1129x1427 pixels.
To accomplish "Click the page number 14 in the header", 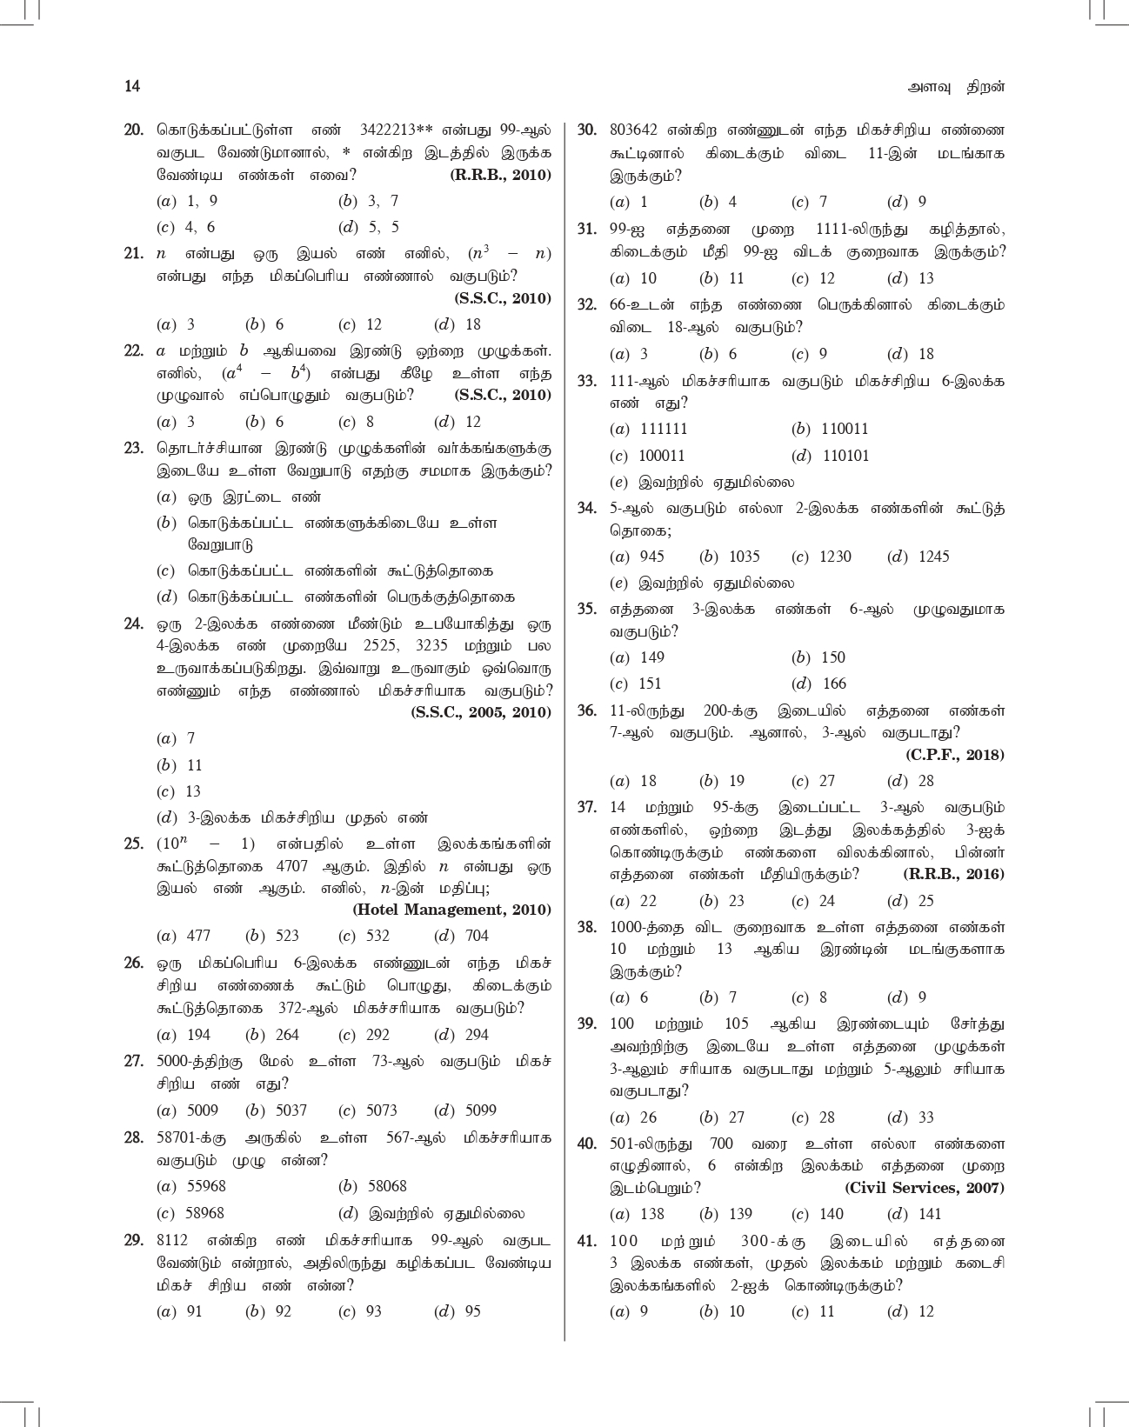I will (132, 86).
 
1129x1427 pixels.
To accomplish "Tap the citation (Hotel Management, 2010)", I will (451, 910).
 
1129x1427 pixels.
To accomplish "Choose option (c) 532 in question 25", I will (364, 936).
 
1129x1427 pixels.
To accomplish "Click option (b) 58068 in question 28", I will (372, 1186).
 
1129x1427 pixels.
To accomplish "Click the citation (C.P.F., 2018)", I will (954, 755).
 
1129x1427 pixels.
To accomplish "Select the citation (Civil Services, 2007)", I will (925, 1188).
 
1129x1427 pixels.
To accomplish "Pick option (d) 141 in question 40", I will (913, 1214).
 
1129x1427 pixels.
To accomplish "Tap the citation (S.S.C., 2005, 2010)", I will (481, 712).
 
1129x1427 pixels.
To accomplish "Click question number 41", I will (587, 1240).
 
